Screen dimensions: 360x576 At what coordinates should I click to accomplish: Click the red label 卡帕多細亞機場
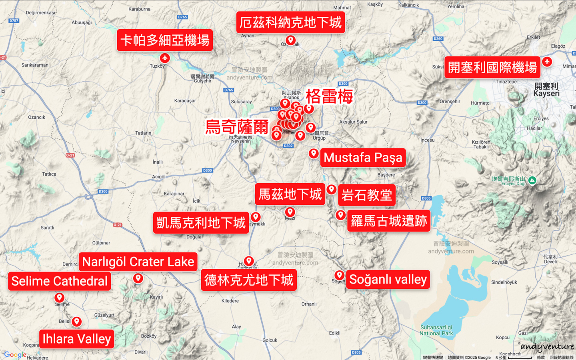(164, 40)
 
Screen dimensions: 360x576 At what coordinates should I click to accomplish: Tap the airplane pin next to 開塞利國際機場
(547, 62)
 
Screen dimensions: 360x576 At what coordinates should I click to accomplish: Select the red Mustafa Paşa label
(363, 158)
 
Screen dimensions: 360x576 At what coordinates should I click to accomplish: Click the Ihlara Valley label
(76, 339)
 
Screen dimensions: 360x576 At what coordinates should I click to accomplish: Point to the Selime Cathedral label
(59, 281)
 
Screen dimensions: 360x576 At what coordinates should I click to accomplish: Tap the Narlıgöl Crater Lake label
(138, 262)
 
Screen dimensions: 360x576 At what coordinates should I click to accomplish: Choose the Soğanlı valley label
(388, 279)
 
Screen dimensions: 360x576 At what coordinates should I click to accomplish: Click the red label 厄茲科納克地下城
(290, 22)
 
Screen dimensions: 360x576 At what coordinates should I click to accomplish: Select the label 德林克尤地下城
(249, 280)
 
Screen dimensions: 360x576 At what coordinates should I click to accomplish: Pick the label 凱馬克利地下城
(201, 223)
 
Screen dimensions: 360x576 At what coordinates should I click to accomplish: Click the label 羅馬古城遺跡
(388, 221)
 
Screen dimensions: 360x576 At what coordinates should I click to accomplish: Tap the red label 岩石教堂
(366, 195)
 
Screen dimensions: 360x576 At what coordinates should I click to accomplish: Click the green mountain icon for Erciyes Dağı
(532, 180)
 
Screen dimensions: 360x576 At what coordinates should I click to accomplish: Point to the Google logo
(15, 354)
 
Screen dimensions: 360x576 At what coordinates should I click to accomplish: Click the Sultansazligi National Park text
(436, 330)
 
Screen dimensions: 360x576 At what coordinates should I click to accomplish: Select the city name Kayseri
(546, 94)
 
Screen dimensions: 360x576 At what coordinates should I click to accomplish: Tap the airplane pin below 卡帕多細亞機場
(164, 58)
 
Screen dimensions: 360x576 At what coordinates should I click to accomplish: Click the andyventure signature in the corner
(547, 347)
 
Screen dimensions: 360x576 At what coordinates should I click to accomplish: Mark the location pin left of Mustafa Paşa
(314, 153)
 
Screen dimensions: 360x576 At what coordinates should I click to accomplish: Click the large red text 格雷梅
(329, 96)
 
